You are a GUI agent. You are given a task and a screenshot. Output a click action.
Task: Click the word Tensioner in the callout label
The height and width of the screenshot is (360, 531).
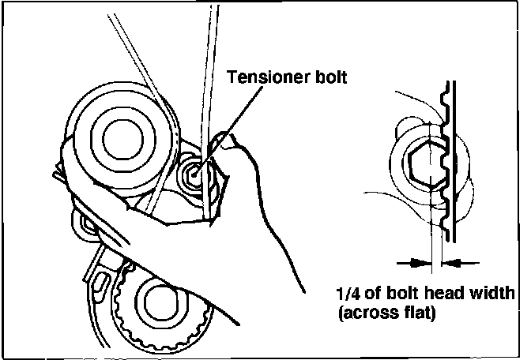point(262,77)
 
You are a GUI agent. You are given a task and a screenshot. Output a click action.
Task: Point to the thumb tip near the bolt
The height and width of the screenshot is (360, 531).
point(229,144)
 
